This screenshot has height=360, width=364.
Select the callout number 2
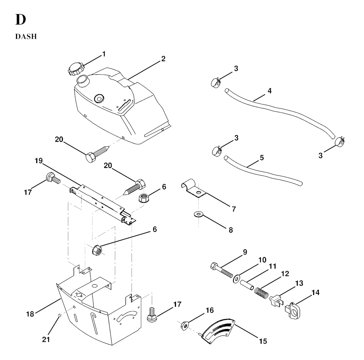tap(163, 59)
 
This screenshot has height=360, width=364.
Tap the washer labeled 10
tap(236, 279)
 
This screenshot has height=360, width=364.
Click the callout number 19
tap(38, 161)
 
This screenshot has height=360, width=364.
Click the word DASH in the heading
tap(26, 37)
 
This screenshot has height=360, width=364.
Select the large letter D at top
tap(21, 20)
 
